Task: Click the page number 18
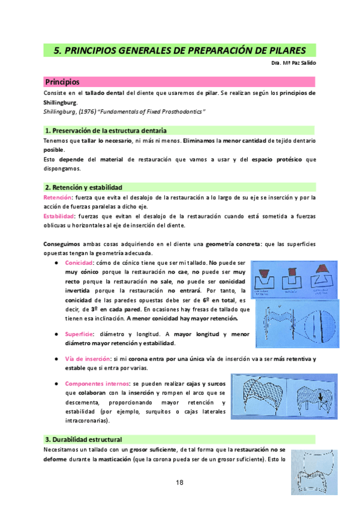tap(179, 483)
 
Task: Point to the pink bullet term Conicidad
tap(79, 263)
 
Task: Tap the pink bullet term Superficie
tap(79, 334)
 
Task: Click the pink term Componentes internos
tap(97, 383)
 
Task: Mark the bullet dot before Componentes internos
tap(56, 383)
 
